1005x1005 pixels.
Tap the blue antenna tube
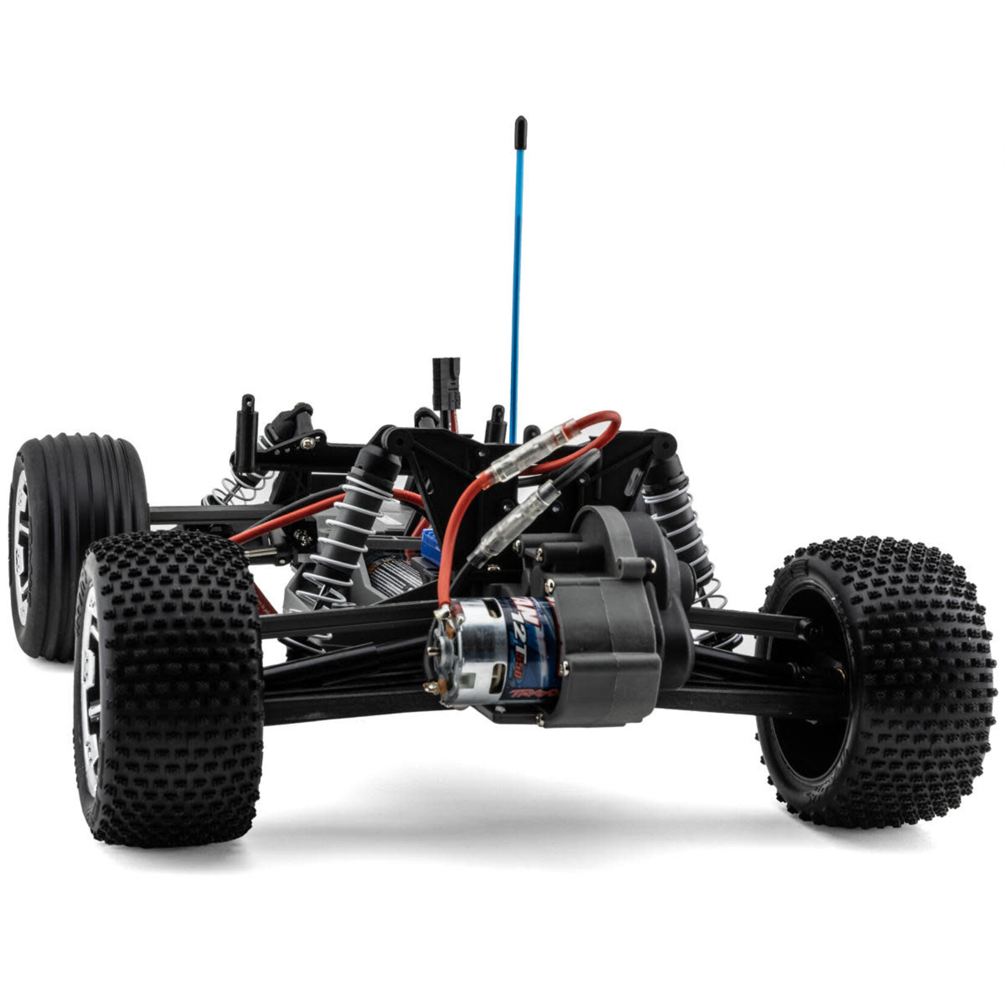515,274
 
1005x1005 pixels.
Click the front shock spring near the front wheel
240,484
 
